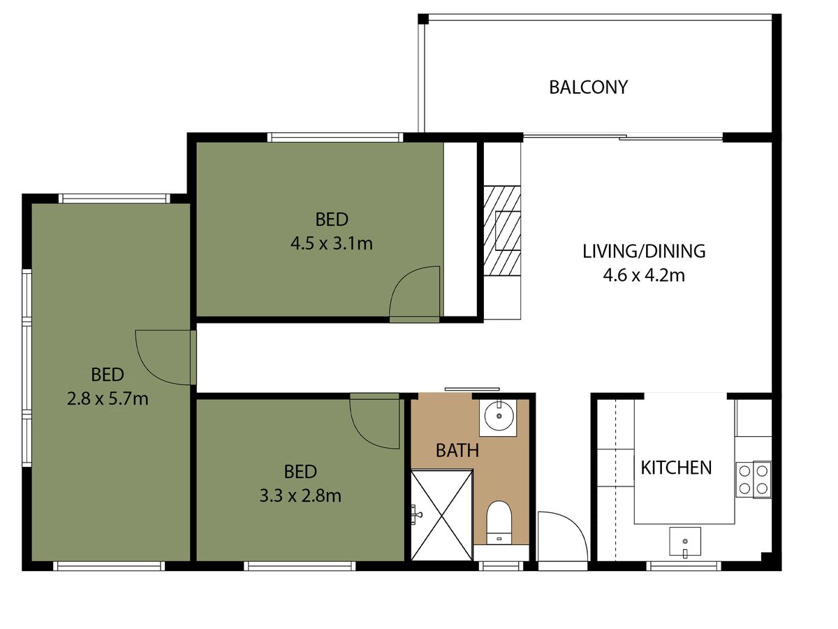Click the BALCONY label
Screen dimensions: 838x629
pyautogui.click(x=588, y=87)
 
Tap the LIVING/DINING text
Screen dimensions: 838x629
pyautogui.click(x=644, y=252)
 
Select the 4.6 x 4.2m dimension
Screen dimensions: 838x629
pyautogui.click(x=644, y=275)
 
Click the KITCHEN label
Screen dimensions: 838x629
pyautogui.click(x=676, y=468)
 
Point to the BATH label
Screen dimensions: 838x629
pyautogui.click(x=457, y=451)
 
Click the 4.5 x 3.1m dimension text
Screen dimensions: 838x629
pyautogui.click(x=332, y=244)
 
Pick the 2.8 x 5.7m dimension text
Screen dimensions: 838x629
pyautogui.click(x=108, y=399)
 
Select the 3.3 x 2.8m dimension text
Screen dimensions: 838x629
pyautogui.click(x=300, y=496)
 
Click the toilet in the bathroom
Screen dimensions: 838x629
pyautogui.click(x=499, y=523)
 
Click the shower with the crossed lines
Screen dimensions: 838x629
pyautogui.click(x=442, y=516)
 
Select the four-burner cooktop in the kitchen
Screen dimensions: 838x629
pyautogui.click(x=754, y=479)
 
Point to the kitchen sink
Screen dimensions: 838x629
pyautogui.click(x=685, y=542)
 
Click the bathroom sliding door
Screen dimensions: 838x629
pyautogui.click(x=472, y=389)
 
